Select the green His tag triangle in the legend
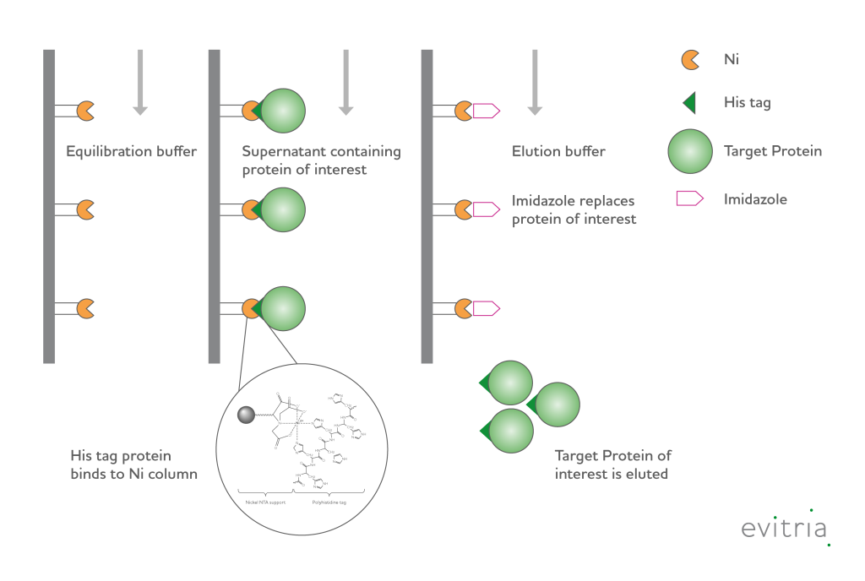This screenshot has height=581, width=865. (689, 103)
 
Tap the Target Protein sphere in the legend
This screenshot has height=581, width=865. (689, 151)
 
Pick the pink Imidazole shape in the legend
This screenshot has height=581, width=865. (689, 199)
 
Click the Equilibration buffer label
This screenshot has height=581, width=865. (132, 152)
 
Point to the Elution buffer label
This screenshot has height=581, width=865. (558, 152)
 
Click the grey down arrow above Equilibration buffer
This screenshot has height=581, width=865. (141, 81)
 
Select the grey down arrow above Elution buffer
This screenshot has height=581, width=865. (534, 81)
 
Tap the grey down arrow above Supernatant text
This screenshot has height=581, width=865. (345, 81)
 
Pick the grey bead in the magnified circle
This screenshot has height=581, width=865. (246, 415)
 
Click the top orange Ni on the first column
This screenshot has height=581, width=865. (85, 111)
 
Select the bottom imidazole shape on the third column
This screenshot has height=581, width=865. (486, 308)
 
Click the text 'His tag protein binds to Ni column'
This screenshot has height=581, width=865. (133, 464)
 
